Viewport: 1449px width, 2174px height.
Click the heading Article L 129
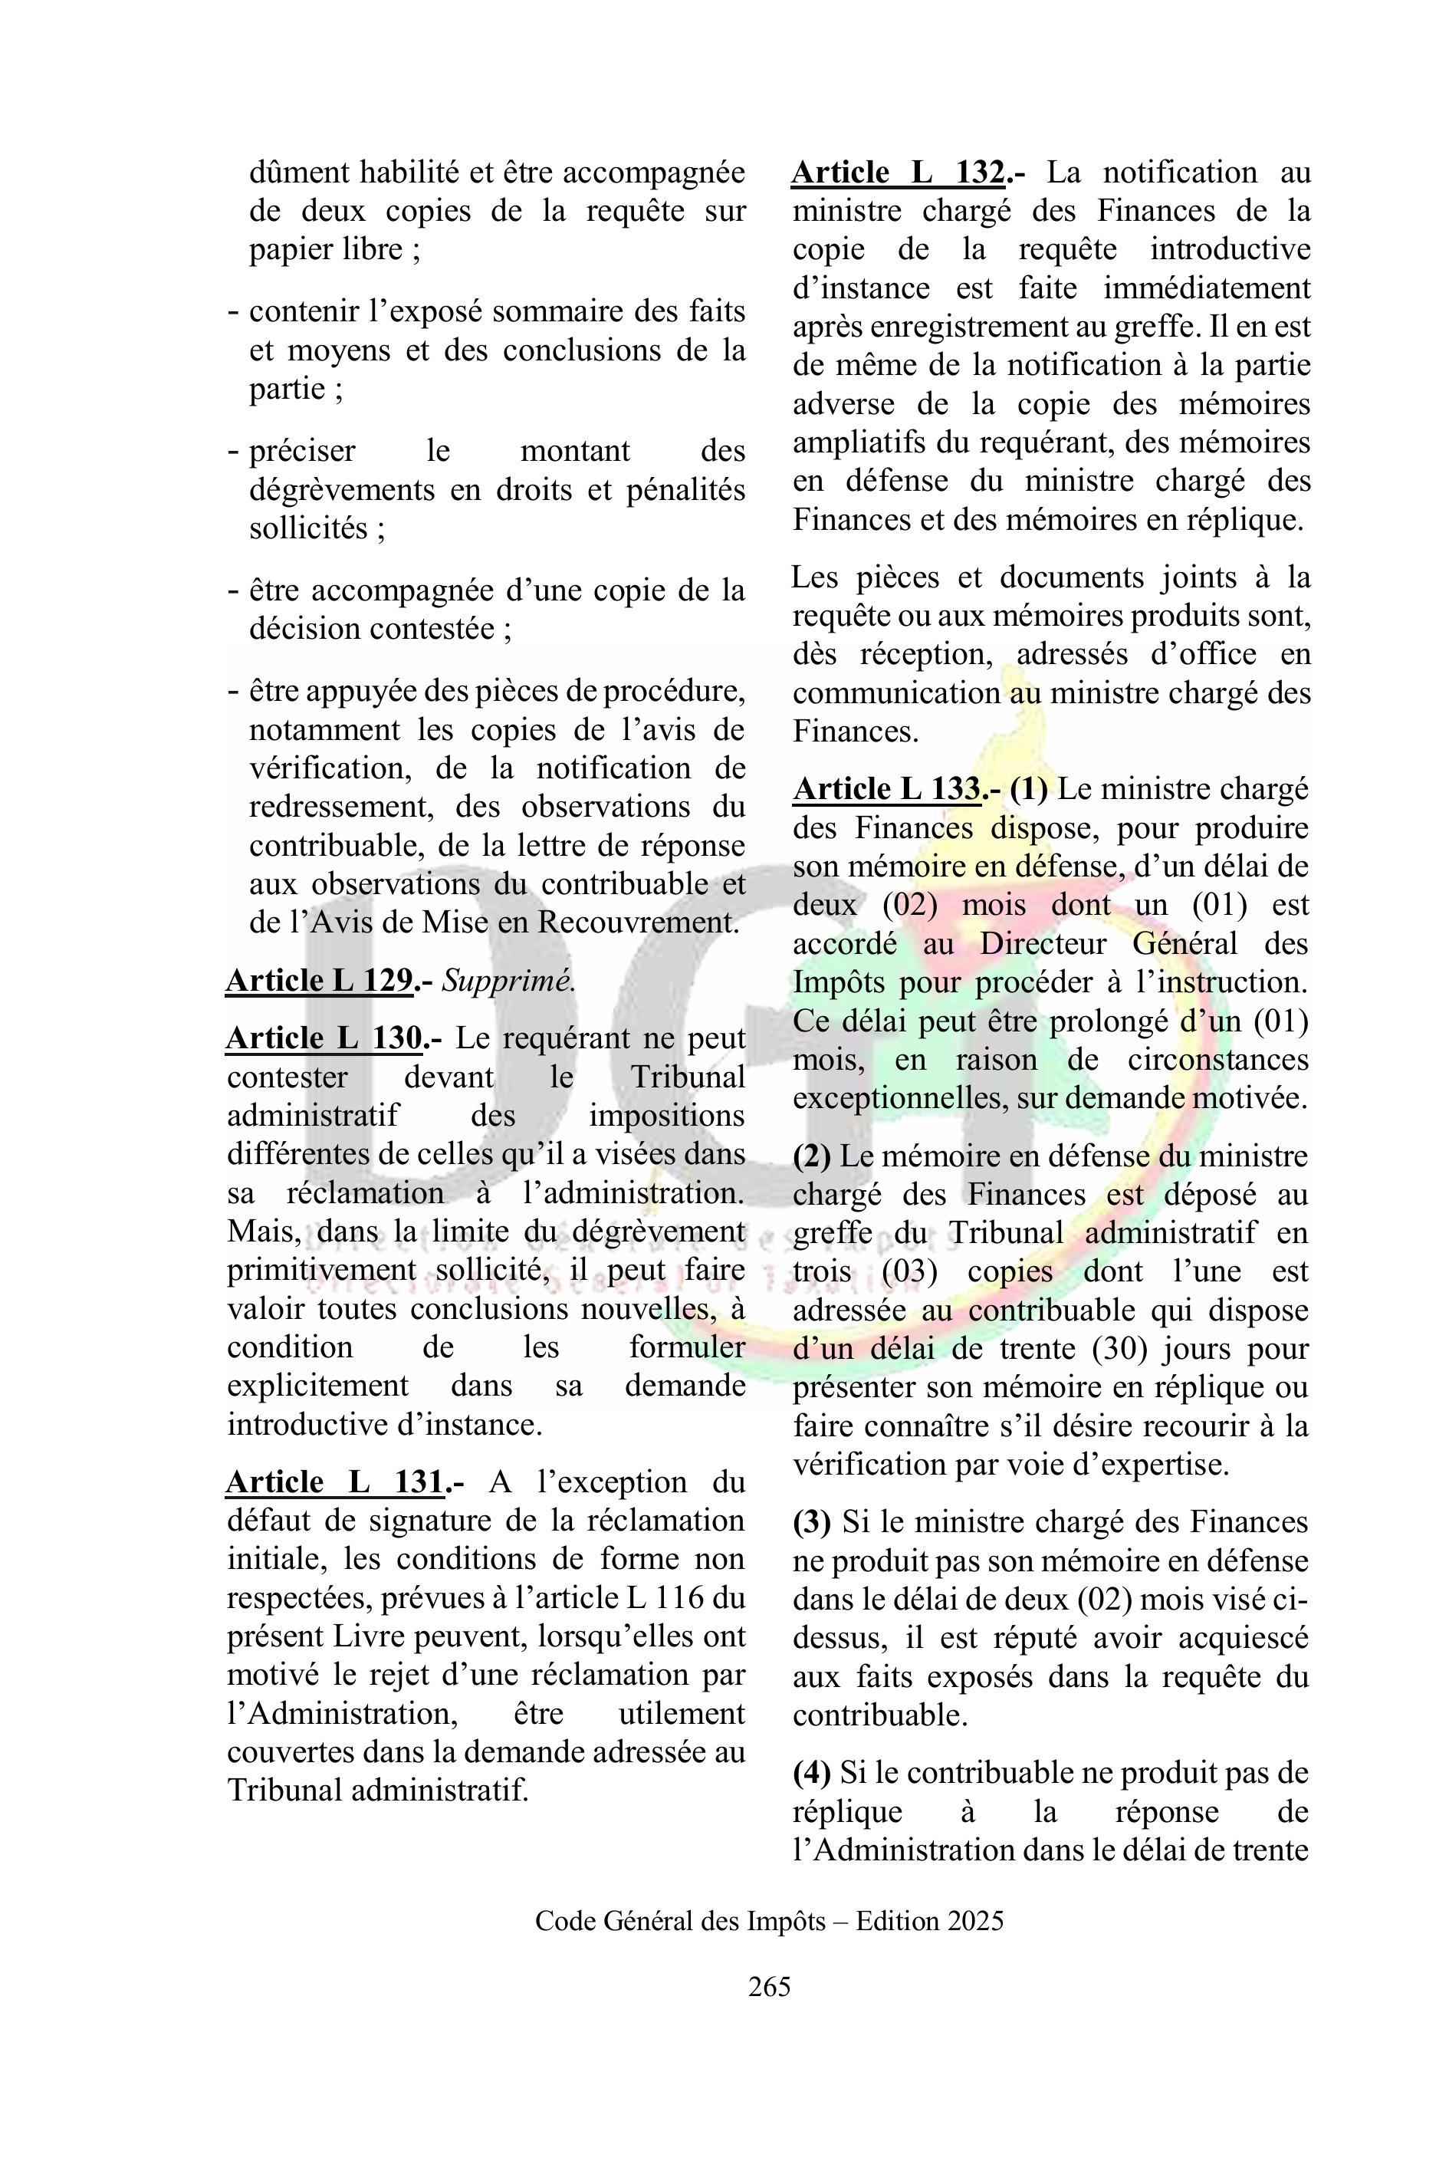point(320,981)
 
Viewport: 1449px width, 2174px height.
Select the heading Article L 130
point(325,1038)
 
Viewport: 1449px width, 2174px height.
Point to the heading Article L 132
point(899,173)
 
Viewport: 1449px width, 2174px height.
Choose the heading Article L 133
point(887,788)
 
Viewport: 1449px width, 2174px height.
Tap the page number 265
point(770,1986)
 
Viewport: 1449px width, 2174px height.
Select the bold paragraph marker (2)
point(811,1156)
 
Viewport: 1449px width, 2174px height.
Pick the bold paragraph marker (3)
point(811,1522)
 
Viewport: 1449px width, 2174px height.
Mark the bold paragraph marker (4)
point(811,1773)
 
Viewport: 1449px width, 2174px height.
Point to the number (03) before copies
point(909,1272)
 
